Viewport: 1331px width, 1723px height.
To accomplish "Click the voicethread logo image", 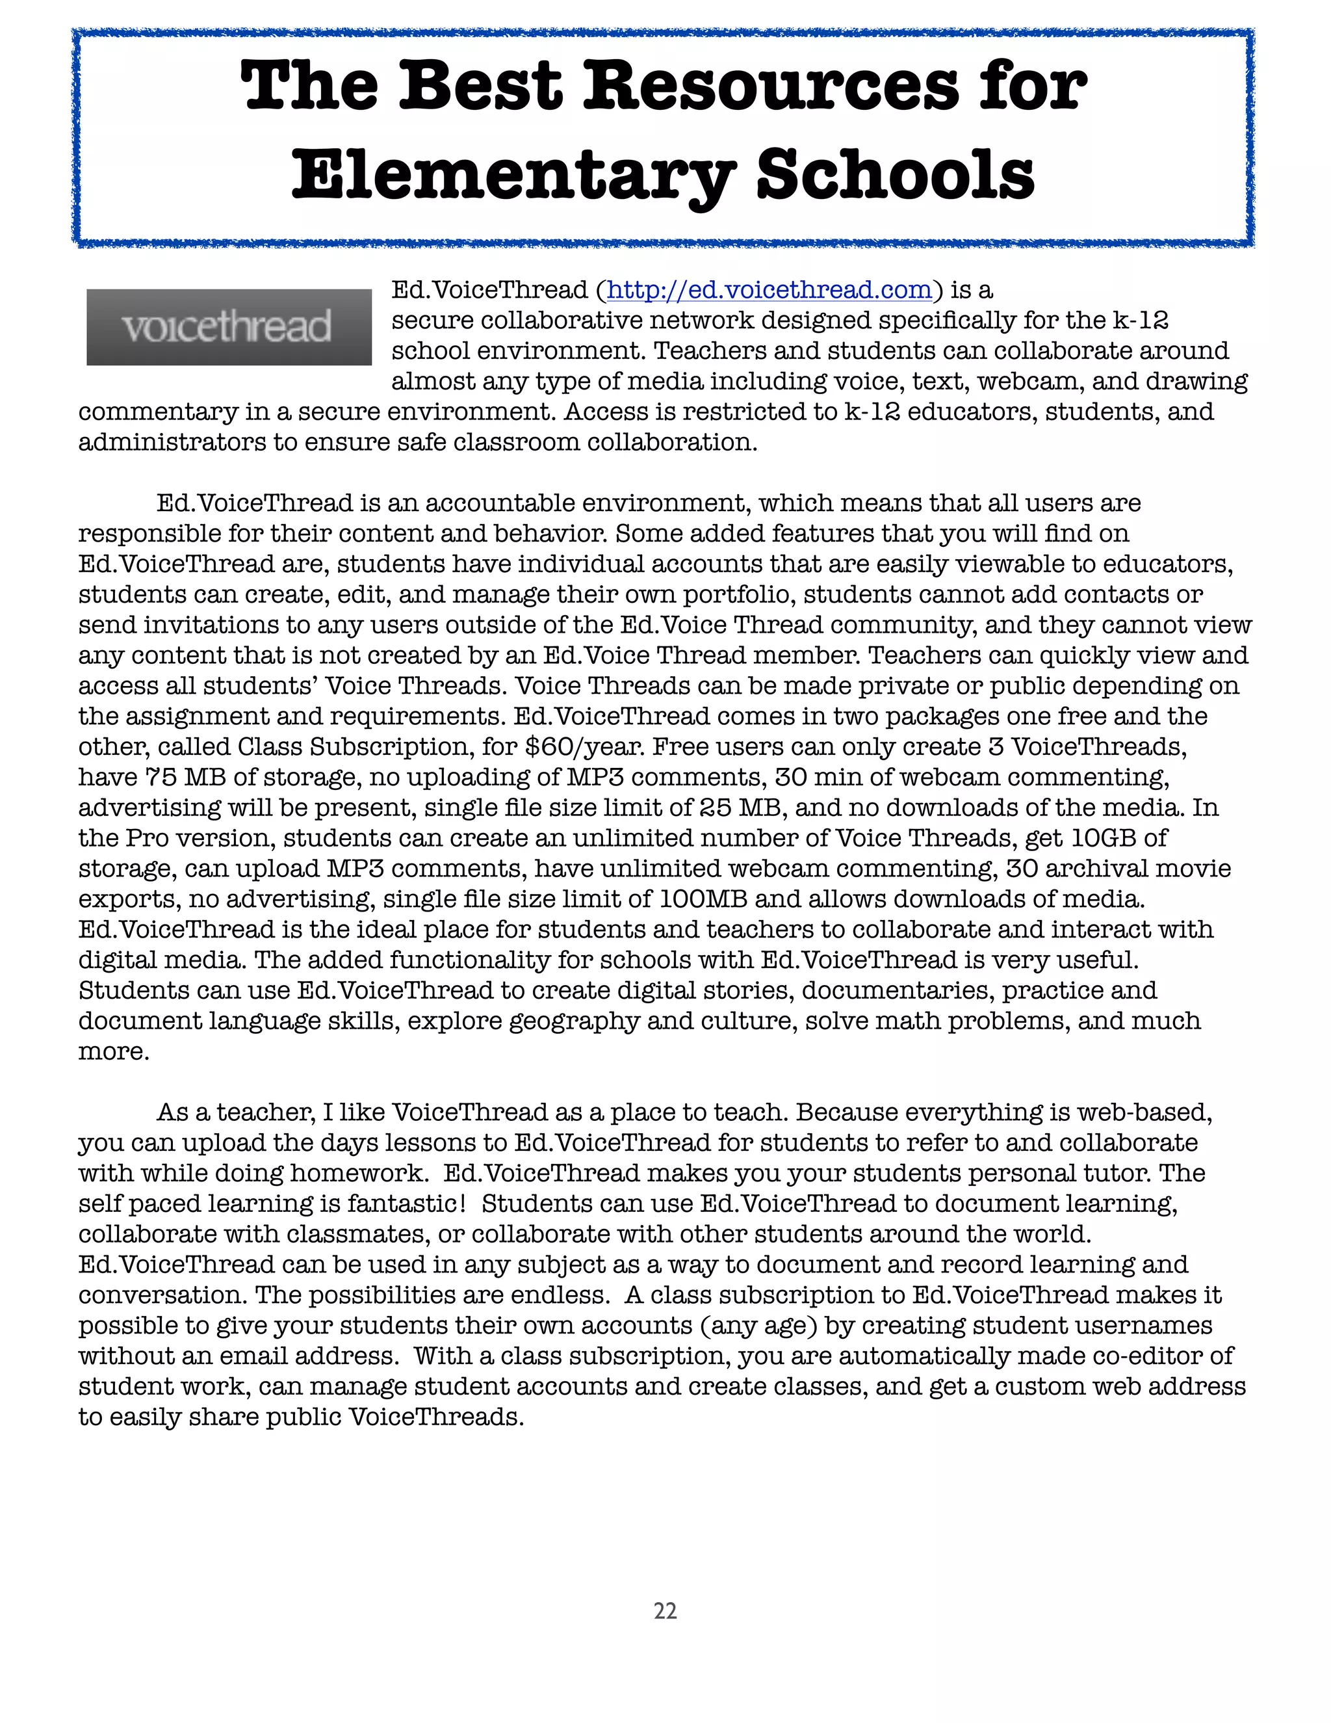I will (x=229, y=326).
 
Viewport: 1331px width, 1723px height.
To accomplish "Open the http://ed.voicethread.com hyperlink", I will (x=769, y=291).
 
